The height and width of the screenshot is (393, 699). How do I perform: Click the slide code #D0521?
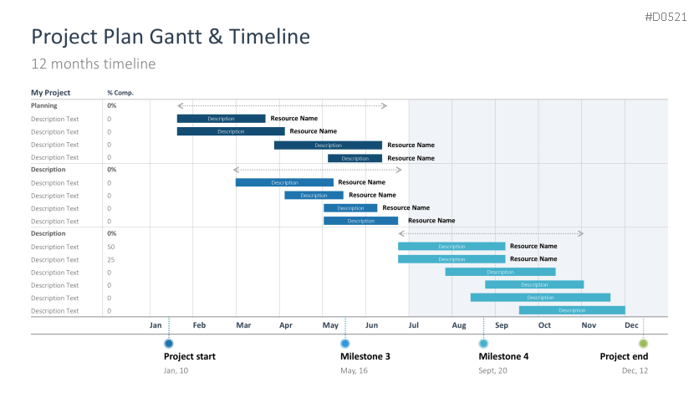667,17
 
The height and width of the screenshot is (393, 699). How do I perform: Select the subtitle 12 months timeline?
93,64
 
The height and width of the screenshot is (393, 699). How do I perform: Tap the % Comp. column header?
120,93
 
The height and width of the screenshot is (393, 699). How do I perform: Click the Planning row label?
44,105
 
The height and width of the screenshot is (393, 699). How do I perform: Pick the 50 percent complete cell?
111,247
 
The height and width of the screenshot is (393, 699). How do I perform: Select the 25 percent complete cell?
111,259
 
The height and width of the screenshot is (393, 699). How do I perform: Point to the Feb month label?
199,324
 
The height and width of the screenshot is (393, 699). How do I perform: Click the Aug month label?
459,324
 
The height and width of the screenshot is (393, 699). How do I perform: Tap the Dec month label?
631,324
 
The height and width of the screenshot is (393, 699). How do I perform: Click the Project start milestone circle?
169,344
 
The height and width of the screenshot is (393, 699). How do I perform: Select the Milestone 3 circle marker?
345,344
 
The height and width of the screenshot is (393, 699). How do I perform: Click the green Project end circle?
643,344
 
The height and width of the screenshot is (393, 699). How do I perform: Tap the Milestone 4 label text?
503,357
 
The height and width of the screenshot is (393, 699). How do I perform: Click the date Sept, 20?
492,370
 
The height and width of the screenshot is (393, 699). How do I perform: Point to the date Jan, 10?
176,370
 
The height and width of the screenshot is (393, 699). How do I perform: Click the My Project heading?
51,93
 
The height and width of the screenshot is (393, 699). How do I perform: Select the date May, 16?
354,370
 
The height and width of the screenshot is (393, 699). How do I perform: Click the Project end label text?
624,357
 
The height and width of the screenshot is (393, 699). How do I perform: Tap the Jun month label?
372,324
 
